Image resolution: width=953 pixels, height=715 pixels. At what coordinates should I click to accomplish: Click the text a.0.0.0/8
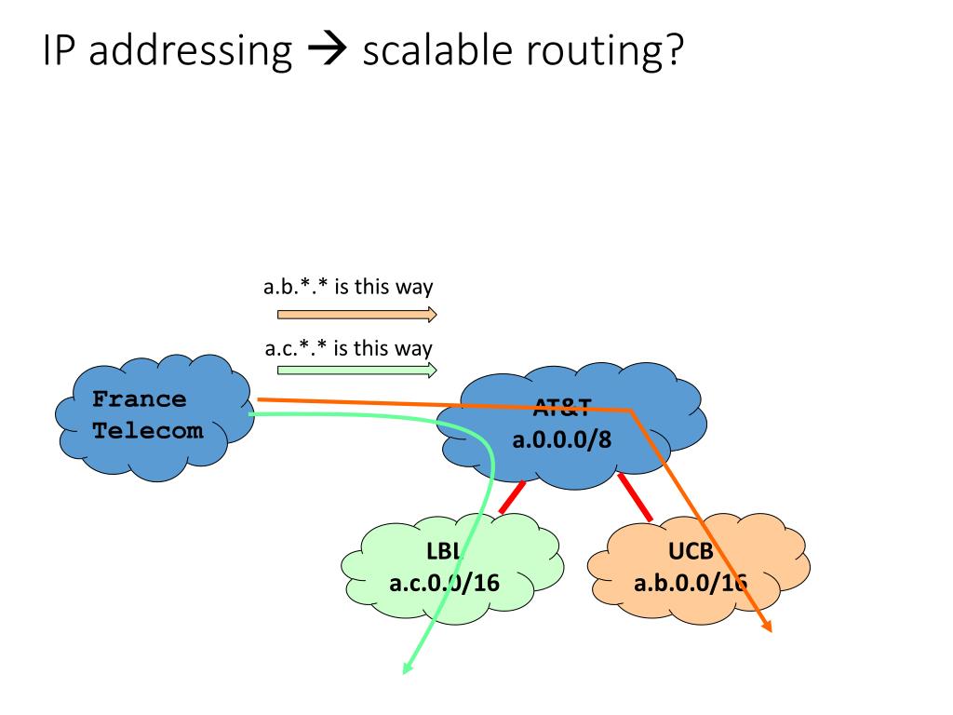point(562,438)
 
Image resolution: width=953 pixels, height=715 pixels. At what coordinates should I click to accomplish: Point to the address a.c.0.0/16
point(444,584)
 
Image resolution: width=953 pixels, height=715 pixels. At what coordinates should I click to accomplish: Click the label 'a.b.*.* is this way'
point(348,287)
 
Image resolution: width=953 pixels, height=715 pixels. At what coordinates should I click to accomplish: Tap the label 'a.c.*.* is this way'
point(348,349)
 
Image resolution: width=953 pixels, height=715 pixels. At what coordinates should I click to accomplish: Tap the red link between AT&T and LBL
point(511,497)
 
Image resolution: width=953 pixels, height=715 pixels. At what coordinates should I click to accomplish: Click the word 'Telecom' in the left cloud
point(147,431)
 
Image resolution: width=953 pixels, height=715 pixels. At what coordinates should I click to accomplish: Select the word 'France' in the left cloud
point(139,399)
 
